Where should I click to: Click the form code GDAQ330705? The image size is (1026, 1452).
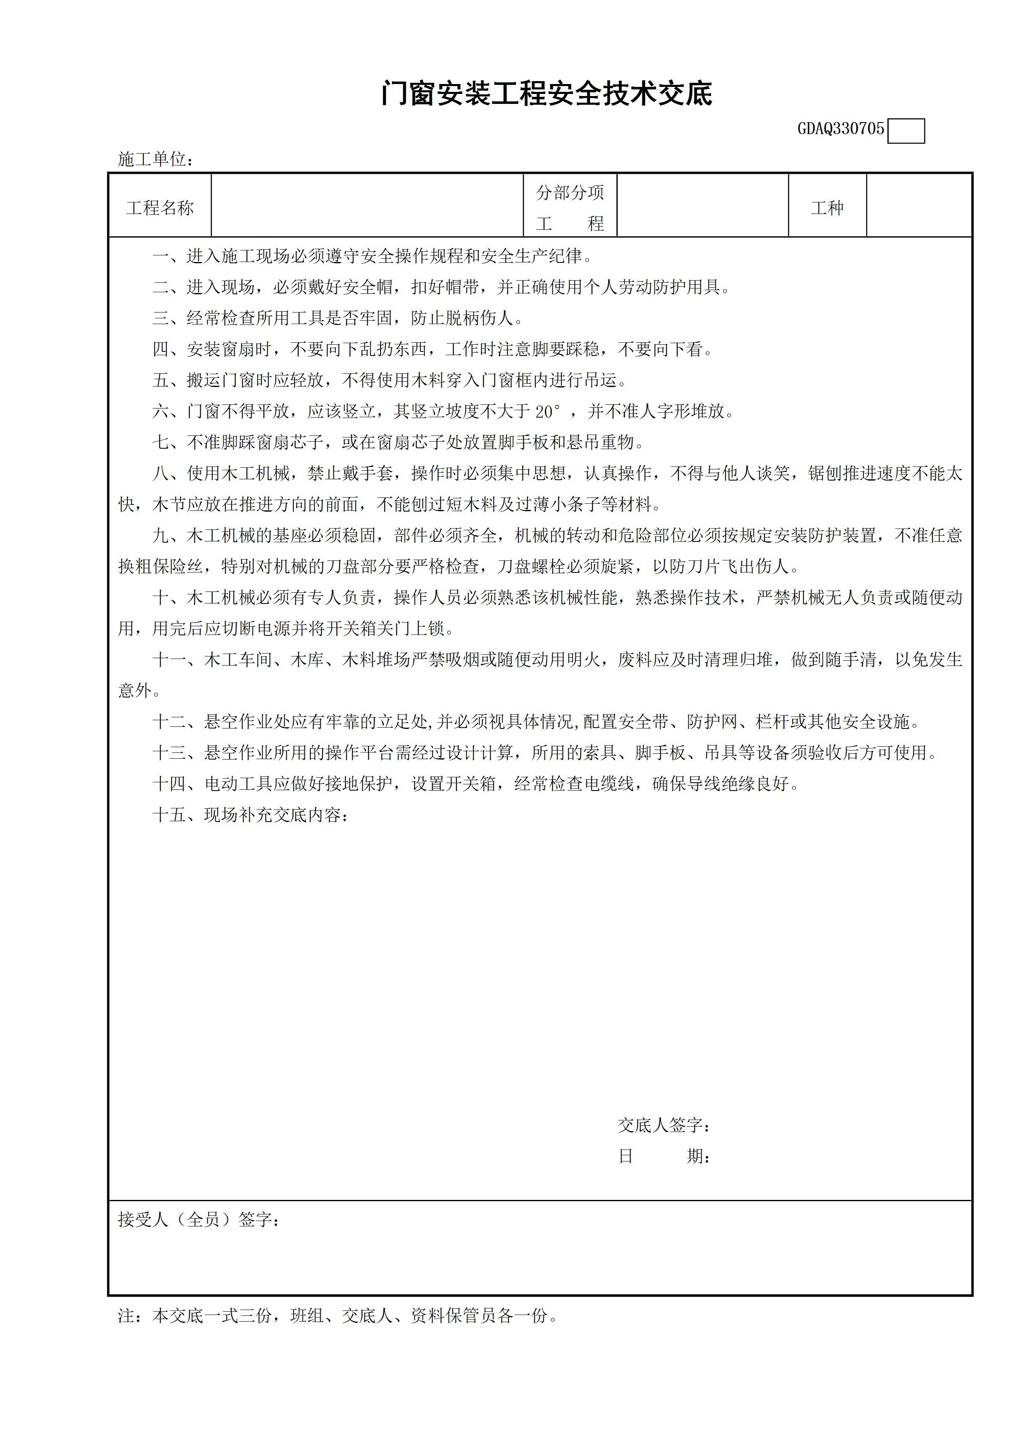pos(840,130)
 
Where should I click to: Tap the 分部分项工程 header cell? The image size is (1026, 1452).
pos(570,207)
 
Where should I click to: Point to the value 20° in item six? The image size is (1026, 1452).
pos(547,412)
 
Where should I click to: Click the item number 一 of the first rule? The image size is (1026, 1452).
pos(161,257)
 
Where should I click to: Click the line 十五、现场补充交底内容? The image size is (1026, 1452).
pos(250,815)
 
